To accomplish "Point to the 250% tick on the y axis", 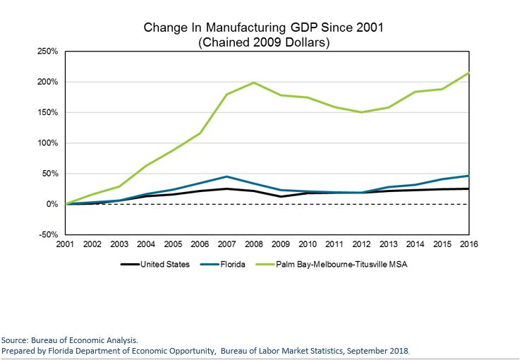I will click(x=48, y=52).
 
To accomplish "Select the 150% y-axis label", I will click(x=48, y=112).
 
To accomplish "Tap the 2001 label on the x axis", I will click(x=66, y=244).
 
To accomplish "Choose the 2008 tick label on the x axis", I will click(x=254, y=244).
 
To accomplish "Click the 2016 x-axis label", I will click(x=469, y=244).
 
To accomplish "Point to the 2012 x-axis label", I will click(x=361, y=244).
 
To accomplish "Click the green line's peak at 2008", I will click(x=254, y=83).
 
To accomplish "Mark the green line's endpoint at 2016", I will click(x=469, y=73).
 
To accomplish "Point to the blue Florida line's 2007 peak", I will click(x=227, y=176).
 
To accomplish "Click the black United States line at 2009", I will click(x=281, y=196).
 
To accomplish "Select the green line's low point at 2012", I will click(x=361, y=112).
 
